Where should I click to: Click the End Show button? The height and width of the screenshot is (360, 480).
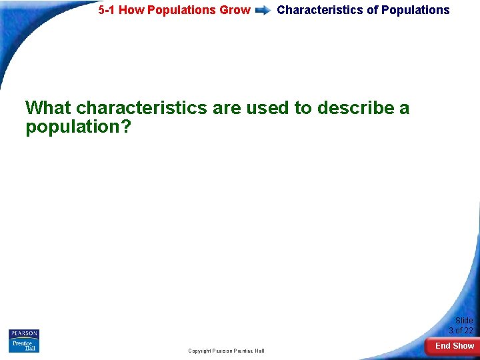[454, 346]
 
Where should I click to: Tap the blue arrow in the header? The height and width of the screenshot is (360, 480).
[263, 11]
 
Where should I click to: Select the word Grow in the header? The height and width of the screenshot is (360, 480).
[235, 10]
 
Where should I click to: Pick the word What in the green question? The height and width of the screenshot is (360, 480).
[48, 108]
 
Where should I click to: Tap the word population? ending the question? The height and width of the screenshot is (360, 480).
[79, 127]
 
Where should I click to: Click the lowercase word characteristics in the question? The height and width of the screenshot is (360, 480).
[141, 108]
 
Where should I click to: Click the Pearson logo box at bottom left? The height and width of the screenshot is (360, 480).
[24, 333]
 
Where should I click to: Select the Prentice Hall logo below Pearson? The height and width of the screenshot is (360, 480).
[24, 346]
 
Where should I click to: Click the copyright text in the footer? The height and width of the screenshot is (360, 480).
[226, 351]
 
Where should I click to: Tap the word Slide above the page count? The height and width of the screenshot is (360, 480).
[463, 321]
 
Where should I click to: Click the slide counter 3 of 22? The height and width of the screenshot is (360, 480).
[461, 331]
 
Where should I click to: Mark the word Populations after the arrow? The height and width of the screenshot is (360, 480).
[415, 10]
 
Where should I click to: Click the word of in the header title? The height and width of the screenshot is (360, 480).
[372, 10]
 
